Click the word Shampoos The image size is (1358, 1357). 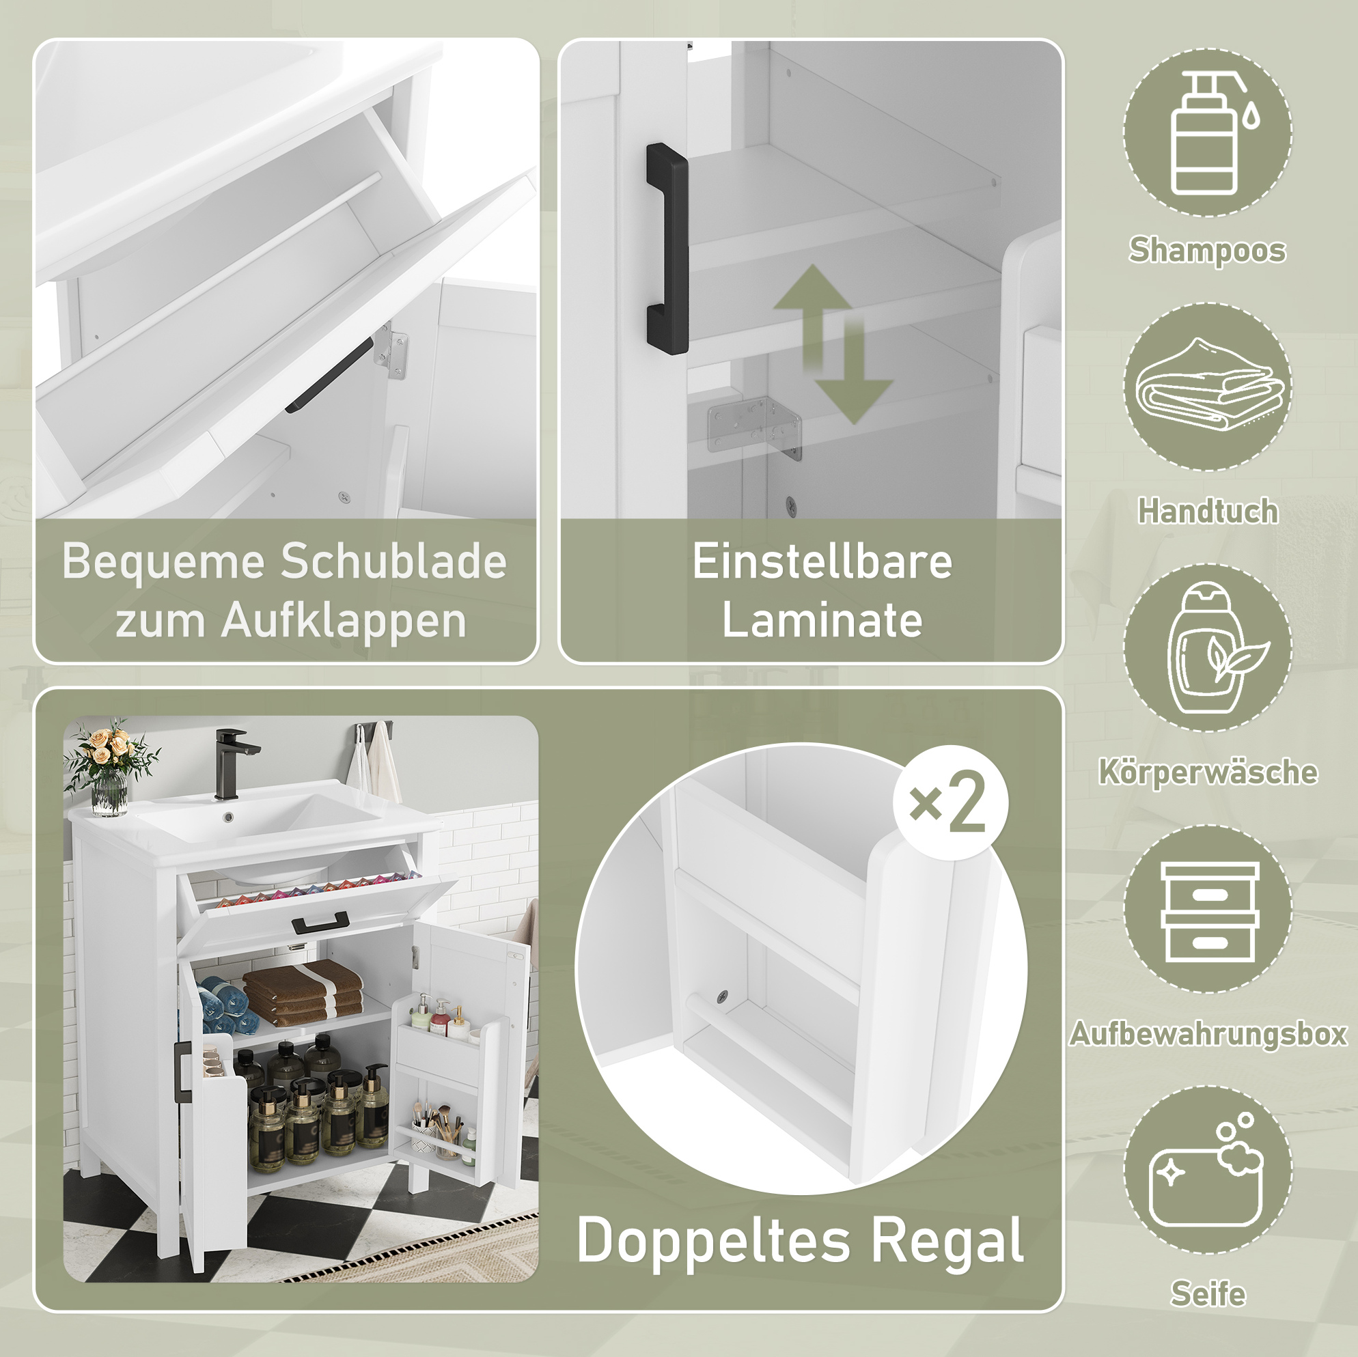pos(1207,250)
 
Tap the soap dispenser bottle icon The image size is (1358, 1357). pos(1208,135)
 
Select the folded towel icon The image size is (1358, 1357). pos(1209,385)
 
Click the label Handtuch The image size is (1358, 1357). pos(1208,511)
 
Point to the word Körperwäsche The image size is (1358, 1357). pos(1208,772)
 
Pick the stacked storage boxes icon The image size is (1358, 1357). pos(1209,912)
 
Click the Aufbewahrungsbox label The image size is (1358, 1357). pos(1208,1034)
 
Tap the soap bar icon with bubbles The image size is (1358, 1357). pos(1205,1170)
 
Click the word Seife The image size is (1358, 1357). pos(1208,1293)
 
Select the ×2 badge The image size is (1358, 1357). pos(950,802)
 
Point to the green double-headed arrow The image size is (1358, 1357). pos(833,344)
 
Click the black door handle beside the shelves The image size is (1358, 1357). pos(666,249)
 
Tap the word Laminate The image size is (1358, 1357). pos(822,620)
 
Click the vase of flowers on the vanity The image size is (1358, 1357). pos(110,768)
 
